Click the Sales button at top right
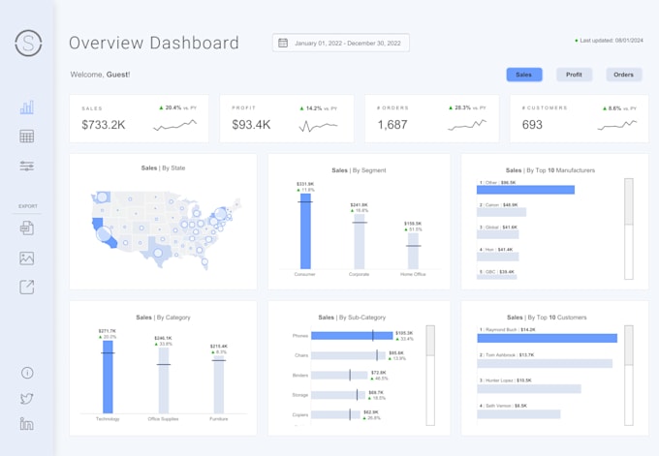coord(523,75)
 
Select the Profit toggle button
coord(574,75)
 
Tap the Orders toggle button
coord(624,75)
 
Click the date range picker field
coord(341,43)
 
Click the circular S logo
coord(28,44)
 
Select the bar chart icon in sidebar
coord(27,107)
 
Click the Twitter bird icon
coord(27,399)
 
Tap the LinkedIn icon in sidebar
coord(27,424)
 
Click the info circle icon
coord(27,373)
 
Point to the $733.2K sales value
coord(104,125)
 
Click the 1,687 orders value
coord(392,125)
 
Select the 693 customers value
coord(532,125)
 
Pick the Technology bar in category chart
coord(108,377)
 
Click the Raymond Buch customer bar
coord(547,338)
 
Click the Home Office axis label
coord(413,275)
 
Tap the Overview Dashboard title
coord(154,43)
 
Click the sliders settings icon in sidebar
coord(27,167)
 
